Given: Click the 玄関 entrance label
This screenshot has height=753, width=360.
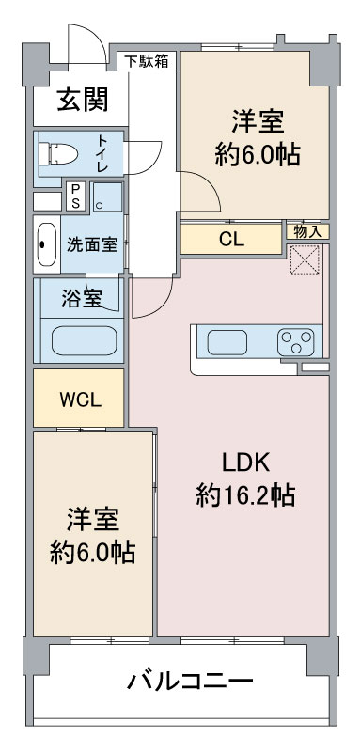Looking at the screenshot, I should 81,97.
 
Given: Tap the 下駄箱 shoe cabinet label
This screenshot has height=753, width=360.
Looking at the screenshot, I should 149,61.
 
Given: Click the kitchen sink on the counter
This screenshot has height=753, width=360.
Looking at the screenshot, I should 226,340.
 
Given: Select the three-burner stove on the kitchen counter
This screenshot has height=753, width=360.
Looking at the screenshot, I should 297,340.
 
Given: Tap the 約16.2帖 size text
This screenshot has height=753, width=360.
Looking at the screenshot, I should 245,494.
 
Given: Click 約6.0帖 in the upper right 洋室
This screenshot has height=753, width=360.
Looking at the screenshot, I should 258,153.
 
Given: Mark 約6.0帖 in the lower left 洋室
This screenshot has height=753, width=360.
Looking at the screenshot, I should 92,551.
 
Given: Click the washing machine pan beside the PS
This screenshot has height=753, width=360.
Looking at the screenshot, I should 107,196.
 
